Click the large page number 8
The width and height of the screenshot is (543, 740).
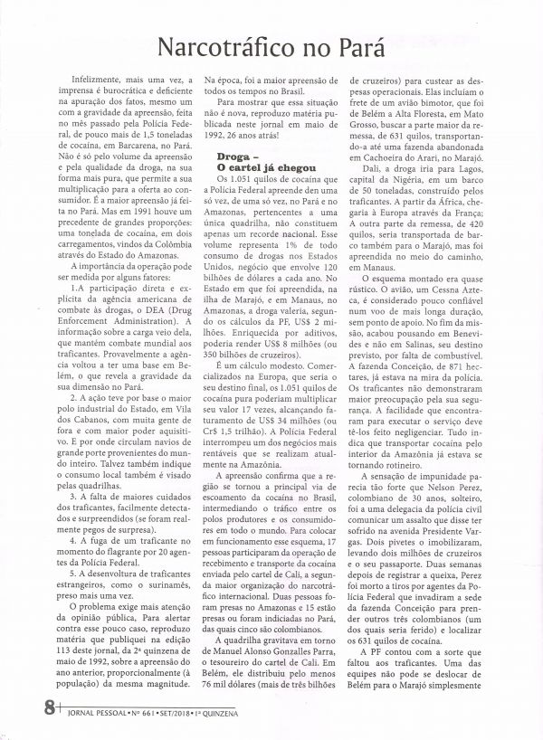(x=22, y=705)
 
